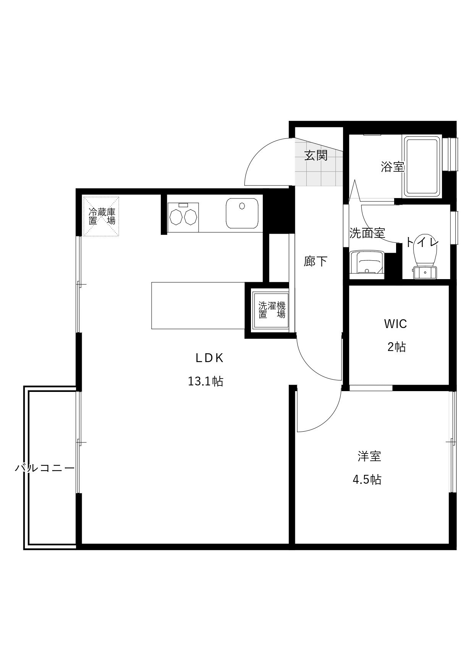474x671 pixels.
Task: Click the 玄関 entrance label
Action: point(316,155)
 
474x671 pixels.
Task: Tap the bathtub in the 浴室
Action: point(422,166)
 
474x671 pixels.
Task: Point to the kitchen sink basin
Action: point(242,213)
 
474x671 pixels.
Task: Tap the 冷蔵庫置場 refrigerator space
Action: point(102,216)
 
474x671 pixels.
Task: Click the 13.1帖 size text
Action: point(205,381)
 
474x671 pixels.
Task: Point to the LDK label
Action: point(209,358)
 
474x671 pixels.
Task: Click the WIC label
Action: point(395,324)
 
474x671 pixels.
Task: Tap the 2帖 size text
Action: point(396,347)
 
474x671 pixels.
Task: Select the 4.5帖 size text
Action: point(367,479)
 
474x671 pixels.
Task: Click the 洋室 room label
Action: point(369,456)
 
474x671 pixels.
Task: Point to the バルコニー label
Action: point(45,468)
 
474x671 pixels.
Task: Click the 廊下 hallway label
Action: point(315,261)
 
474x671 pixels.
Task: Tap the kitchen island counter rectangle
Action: point(198,305)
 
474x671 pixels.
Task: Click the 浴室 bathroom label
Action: point(392,167)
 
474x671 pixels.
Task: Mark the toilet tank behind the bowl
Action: point(425,273)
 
